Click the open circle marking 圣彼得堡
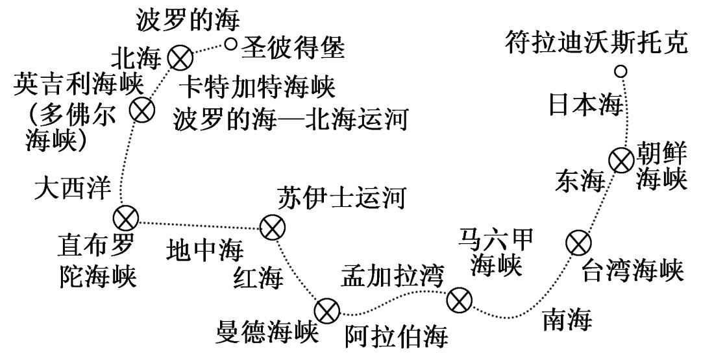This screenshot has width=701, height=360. click(x=232, y=44)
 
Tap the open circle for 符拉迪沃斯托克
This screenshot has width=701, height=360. click(x=621, y=71)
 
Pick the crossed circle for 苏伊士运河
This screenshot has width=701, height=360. click(x=271, y=227)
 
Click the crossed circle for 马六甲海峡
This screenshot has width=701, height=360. click(x=460, y=300)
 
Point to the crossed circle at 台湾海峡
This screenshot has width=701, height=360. click(x=577, y=243)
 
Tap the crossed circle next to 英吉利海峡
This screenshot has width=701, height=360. click(x=142, y=110)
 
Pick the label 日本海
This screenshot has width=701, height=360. click(x=585, y=104)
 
